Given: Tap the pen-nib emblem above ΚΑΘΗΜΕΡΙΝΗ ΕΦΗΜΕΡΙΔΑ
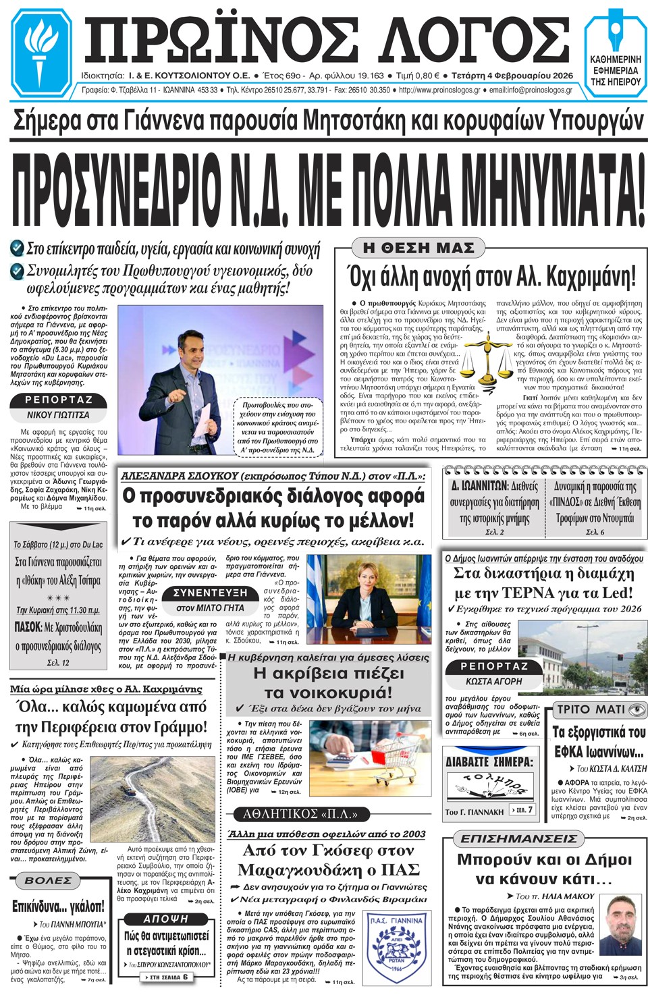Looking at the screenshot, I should (616, 30).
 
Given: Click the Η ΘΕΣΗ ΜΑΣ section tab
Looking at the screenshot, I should (418, 248).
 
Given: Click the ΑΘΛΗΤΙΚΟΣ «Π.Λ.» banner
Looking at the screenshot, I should (300, 813).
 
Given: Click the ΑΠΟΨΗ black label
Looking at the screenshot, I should (165, 919).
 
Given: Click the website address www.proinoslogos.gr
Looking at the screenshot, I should (439, 90).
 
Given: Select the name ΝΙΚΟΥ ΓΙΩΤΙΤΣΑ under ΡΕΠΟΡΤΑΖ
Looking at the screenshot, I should (58, 414).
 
